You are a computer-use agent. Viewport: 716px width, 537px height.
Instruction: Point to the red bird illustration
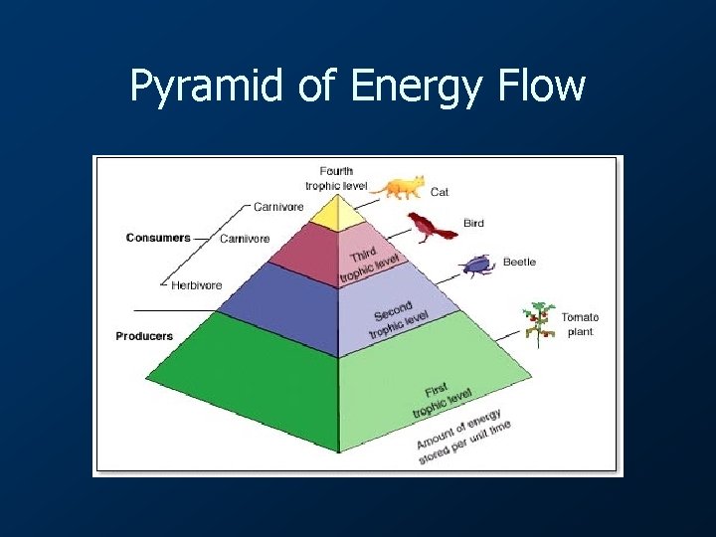pyautogui.click(x=430, y=228)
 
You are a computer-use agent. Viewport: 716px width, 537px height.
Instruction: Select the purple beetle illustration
pyautogui.click(x=476, y=265)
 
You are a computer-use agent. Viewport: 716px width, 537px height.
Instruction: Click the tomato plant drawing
pyautogui.click(x=538, y=324)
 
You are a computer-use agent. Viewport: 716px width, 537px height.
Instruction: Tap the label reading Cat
pyautogui.click(x=439, y=191)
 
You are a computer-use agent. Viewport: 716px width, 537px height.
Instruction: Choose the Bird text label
pyautogui.click(x=473, y=223)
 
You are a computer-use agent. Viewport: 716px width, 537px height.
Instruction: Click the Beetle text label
pyautogui.click(x=519, y=263)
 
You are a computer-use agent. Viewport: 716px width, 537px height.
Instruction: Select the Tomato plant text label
pyautogui.click(x=580, y=324)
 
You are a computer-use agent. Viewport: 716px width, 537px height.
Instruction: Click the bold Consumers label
pyautogui.click(x=158, y=238)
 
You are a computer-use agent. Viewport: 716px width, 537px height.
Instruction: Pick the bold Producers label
pyautogui.click(x=144, y=336)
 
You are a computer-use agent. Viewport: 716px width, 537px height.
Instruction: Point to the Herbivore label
pyautogui.click(x=196, y=285)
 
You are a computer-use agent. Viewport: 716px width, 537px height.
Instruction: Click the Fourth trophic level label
pyautogui.click(x=336, y=178)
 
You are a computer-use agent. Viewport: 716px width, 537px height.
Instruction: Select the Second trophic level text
pyautogui.click(x=399, y=317)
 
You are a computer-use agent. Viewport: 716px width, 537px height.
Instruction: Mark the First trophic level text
pyautogui.click(x=443, y=399)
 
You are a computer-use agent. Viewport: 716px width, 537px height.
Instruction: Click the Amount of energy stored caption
pyautogui.click(x=464, y=436)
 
